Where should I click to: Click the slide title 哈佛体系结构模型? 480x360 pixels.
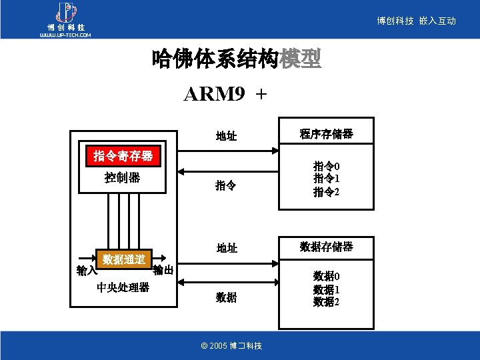pyautogui.click(x=237, y=60)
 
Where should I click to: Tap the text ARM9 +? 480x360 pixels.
pyautogui.click(x=225, y=95)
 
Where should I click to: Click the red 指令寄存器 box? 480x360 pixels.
pyautogui.click(x=123, y=157)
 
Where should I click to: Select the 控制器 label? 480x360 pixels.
pyautogui.click(x=123, y=178)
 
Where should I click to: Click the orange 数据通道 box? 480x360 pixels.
pyautogui.click(x=124, y=259)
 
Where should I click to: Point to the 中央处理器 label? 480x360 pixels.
pyautogui.click(x=123, y=287)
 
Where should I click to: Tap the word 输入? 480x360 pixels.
pyautogui.click(x=87, y=270)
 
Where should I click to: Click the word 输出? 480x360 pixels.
pyautogui.click(x=163, y=270)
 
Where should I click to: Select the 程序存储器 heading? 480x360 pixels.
pyautogui.click(x=326, y=134)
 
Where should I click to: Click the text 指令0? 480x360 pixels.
pyautogui.click(x=327, y=166)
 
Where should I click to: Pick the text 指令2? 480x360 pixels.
pyautogui.click(x=327, y=192)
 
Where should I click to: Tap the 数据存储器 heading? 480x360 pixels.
pyautogui.click(x=326, y=247)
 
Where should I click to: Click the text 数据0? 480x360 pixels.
pyautogui.click(x=327, y=276)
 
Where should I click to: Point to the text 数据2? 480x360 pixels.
pyautogui.click(x=327, y=302)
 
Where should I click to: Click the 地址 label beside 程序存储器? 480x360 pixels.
pyautogui.click(x=227, y=137)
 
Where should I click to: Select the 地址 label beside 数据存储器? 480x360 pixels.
pyautogui.click(x=227, y=248)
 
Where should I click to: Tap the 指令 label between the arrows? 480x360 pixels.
pyautogui.click(x=225, y=185)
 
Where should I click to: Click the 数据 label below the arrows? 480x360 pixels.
pyautogui.click(x=226, y=297)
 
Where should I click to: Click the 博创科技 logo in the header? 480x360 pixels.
pyautogui.click(x=65, y=20)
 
